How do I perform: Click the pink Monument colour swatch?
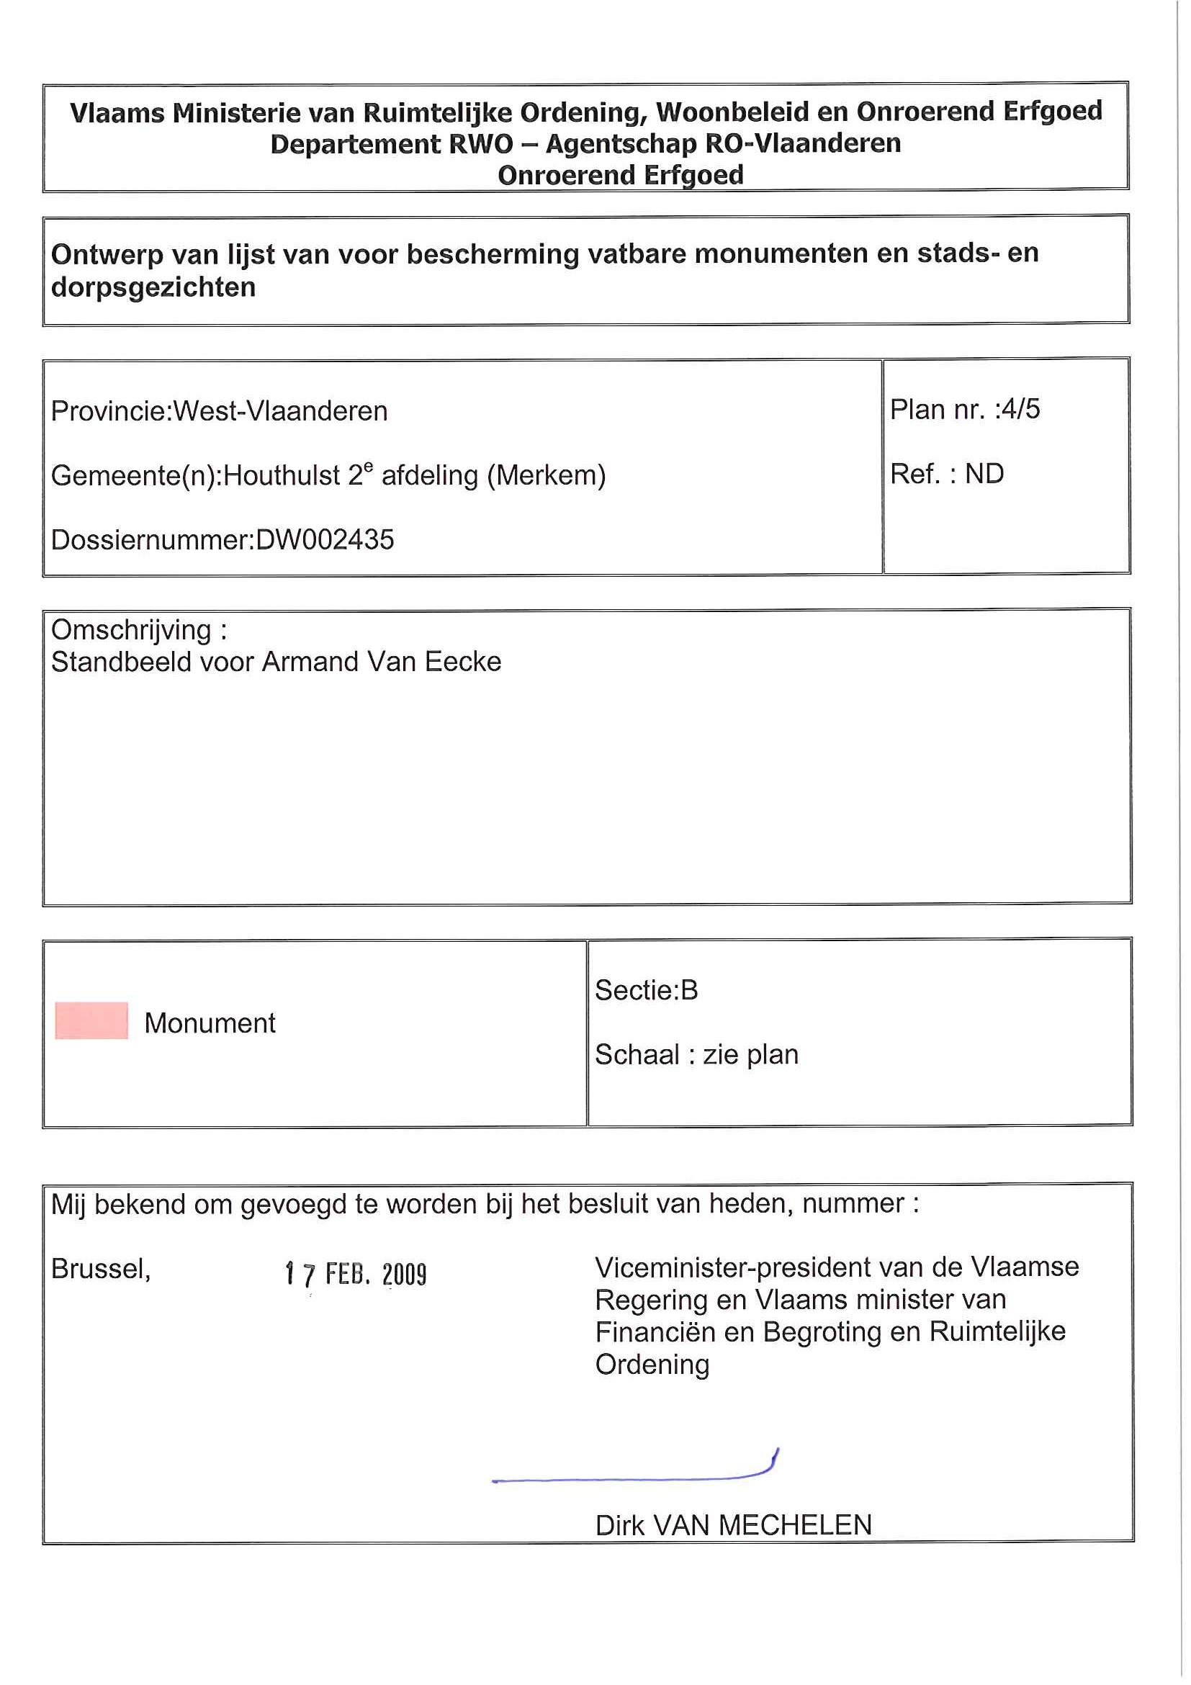(91, 1020)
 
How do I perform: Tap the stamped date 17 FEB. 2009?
(355, 1274)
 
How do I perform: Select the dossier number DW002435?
(324, 540)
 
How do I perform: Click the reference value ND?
(984, 474)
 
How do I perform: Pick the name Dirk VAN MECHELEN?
(733, 1525)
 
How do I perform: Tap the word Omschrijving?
(130, 629)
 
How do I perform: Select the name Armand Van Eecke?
(382, 662)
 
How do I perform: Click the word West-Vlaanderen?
(279, 411)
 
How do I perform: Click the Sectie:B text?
(646, 990)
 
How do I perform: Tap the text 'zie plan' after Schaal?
(750, 1055)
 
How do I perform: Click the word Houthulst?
(282, 475)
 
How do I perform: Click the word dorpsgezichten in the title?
(153, 287)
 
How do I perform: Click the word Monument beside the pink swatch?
(210, 1023)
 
